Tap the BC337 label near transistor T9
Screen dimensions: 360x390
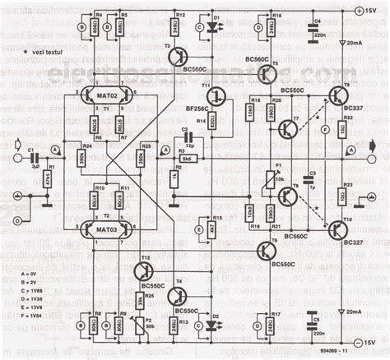[353, 108]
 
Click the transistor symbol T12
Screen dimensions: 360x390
[141, 270]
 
